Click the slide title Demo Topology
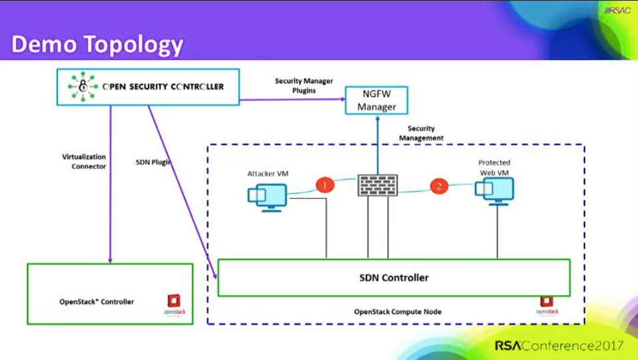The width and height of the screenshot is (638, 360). [x=98, y=44]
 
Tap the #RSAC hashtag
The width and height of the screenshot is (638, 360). [x=617, y=11]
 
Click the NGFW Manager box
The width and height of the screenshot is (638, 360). [x=377, y=100]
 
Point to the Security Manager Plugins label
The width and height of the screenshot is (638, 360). [x=304, y=86]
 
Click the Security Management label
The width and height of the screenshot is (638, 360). [x=421, y=133]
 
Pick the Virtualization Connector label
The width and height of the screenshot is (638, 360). [x=84, y=161]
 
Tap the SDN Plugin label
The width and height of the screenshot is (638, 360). [x=153, y=162]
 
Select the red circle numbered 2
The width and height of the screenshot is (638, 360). [x=439, y=186]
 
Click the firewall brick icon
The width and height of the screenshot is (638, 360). [x=378, y=185]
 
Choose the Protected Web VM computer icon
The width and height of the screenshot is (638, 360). [x=494, y=190]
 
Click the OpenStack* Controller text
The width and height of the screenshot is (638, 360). [x=96, y=302]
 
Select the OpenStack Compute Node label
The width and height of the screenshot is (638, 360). [x=397, y=312]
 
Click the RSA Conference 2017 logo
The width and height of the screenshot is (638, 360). [x=558, y=346]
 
